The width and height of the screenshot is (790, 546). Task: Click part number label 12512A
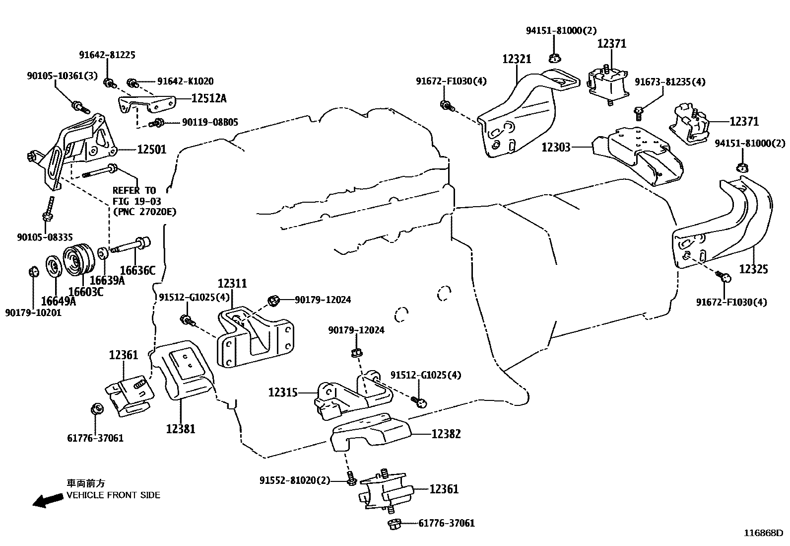point(208,98)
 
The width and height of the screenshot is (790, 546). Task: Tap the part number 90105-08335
point(45,237)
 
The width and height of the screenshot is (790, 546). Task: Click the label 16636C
point(137,271)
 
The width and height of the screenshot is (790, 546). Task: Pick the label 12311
point(232,284)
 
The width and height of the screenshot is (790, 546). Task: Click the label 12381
point(181,428)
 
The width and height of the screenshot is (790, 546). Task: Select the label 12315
point(283,392)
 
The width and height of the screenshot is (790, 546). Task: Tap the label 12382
point(446,434)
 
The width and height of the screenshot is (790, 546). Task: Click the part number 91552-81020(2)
point(295,480)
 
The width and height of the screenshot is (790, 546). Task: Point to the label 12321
point(517,59)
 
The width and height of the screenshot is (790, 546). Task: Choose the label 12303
point(556,147)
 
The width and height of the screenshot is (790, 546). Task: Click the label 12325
point(753,269)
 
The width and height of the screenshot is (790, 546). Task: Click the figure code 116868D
point(763,533)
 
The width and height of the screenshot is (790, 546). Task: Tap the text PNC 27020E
point(144,212)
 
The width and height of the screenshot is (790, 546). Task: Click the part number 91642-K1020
point(186,81)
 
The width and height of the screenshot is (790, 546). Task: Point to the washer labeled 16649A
point(53,266)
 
